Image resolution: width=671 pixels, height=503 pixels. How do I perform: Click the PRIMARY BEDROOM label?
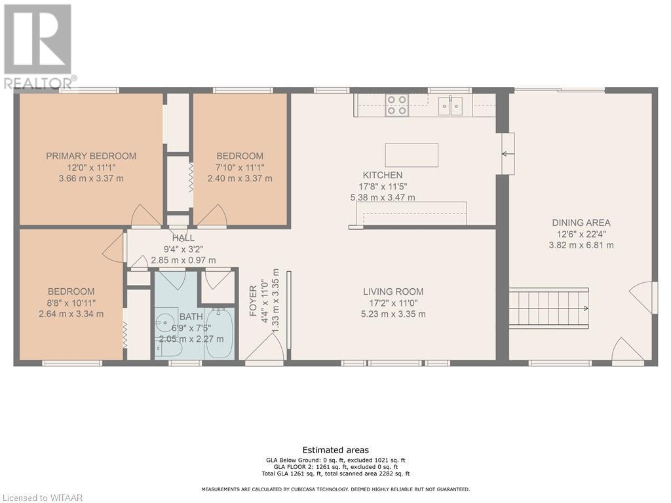click(91, 156)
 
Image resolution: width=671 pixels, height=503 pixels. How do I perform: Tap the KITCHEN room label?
click(383, 175)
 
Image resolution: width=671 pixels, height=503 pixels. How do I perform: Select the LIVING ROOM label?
click(393, 291)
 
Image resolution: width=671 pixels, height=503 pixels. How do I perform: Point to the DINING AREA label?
click(581, 223)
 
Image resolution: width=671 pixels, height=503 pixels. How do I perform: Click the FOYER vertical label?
click(254, 301)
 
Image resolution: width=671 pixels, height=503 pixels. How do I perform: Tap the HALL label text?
click(183, 238)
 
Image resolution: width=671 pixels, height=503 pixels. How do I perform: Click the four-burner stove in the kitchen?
click(396, 105)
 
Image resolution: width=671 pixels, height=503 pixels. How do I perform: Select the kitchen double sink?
click(450, 105)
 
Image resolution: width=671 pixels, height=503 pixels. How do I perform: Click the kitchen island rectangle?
click(412, 155)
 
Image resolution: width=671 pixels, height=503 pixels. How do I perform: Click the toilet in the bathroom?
click(170, 350)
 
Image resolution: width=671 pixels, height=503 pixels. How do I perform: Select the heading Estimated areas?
click(335, 450)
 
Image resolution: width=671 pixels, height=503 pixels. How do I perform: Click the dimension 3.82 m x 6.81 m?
click(581, 246)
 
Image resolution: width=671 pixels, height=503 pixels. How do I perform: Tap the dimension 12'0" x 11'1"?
click(91, 167)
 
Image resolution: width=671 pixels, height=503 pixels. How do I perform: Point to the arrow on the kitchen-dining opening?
click(508, 153)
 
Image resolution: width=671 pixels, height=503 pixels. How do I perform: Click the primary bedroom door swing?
click(146, 215)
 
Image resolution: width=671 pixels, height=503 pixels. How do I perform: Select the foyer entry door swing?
click(264, 347)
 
